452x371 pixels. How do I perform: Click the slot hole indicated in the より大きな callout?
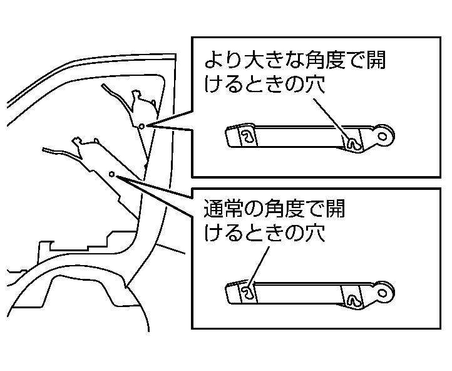[354, 144]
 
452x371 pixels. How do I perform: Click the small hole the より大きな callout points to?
[141, 126]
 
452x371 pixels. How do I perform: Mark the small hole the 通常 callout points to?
[111, 174]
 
